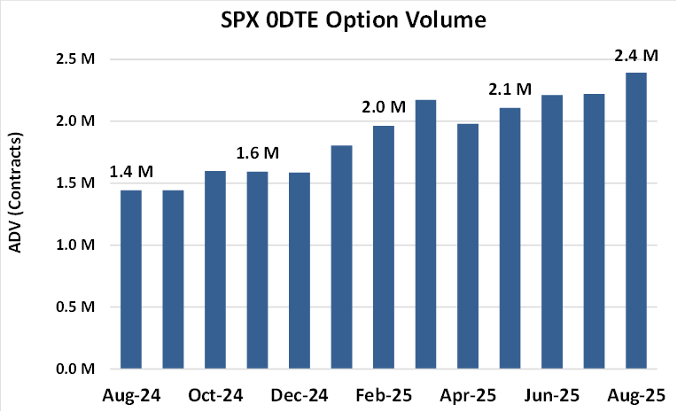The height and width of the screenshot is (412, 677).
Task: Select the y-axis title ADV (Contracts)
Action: coord(15,192)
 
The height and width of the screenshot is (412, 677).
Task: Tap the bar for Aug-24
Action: coord(130,279)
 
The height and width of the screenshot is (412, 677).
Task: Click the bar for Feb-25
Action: coord(384,247)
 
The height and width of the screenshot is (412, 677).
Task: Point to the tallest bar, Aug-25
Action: coord(636,221)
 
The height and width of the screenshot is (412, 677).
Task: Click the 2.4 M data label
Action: coord(636,57)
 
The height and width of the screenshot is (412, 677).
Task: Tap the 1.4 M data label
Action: coord(130,174)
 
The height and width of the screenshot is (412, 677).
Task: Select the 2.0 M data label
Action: coord(384,108)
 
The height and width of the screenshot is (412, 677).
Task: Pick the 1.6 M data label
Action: coord(257,154)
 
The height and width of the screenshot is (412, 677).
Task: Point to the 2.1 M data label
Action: coord(510,89)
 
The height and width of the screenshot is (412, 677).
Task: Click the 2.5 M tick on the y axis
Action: coord(75,59)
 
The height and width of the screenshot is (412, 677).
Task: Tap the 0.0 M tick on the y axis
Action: coord(75,369)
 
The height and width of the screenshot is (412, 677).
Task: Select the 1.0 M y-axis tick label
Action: coord(75,245)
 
